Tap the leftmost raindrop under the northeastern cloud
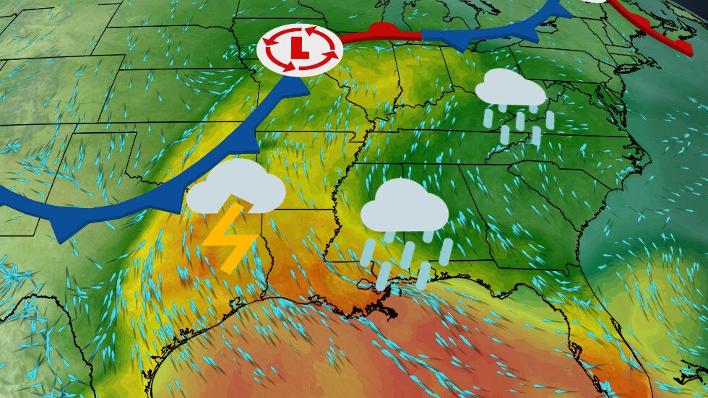[x=489, y=115]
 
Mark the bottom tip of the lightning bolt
[x=225, y=272]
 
